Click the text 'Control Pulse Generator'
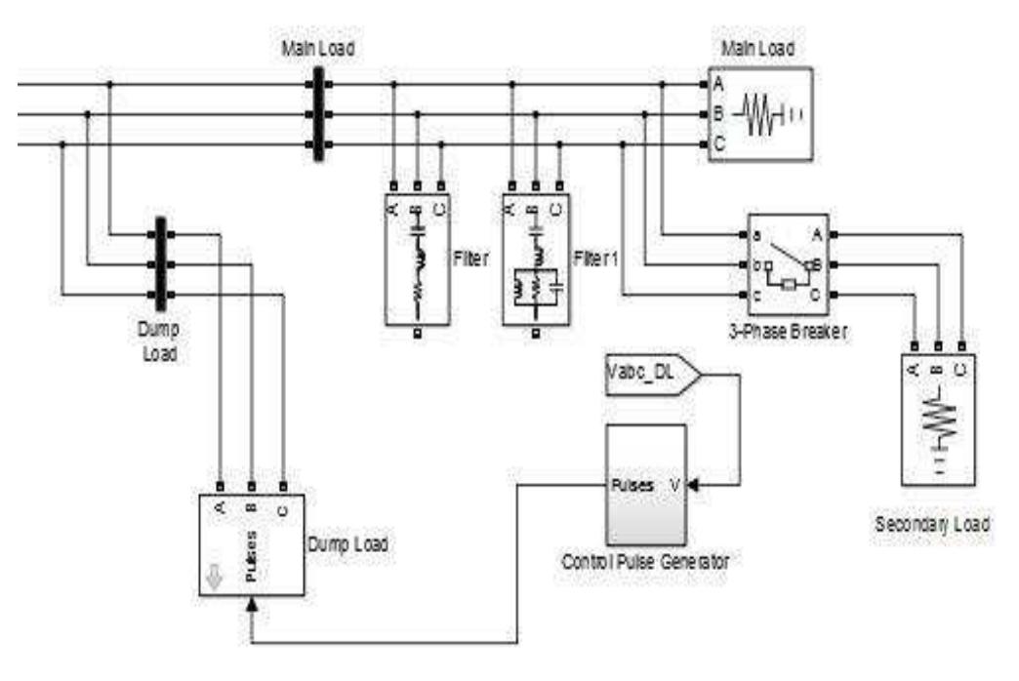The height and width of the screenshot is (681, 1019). [645, 561]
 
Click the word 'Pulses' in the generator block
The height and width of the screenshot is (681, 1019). [632, 484]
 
